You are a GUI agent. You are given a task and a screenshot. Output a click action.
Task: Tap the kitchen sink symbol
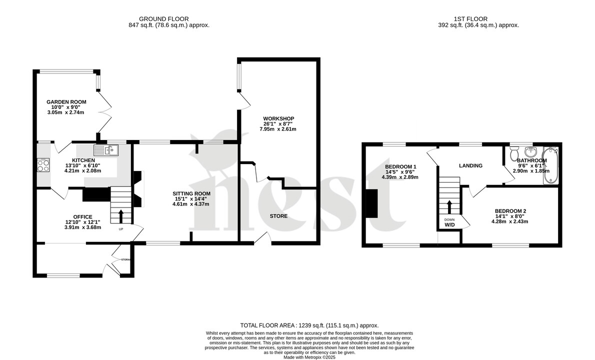pos(105,149)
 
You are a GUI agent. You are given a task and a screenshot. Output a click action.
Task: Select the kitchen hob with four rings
pos(43,165)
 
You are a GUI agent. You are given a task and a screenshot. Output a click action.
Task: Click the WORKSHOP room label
pos(278,118)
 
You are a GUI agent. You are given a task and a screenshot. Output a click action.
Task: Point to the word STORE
pos(278,216)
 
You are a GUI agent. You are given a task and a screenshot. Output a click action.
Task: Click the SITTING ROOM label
pos(191,193)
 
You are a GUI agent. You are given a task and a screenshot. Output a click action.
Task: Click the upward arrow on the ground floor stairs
pos(121,215)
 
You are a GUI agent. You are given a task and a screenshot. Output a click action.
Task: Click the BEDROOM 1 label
pos(400,166)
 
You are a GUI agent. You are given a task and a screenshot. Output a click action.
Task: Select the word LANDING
pos(470,166)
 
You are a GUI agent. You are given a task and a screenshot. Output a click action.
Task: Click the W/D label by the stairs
pos(449,225)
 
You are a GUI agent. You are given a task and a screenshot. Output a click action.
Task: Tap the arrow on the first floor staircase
pos(449,206)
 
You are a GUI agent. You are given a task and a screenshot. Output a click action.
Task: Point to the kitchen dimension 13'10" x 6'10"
pos(82,165)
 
